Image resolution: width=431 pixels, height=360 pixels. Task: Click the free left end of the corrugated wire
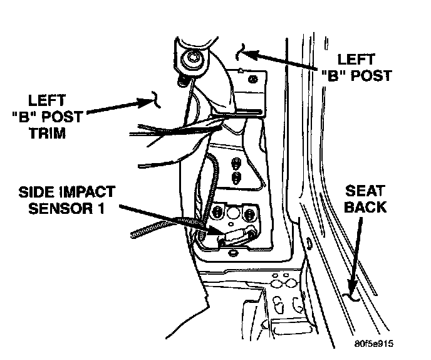133,235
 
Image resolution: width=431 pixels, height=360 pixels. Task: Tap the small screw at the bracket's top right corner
252,80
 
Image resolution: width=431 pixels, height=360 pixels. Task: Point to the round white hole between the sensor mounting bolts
233,213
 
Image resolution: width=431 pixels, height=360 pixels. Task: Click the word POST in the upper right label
372,75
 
